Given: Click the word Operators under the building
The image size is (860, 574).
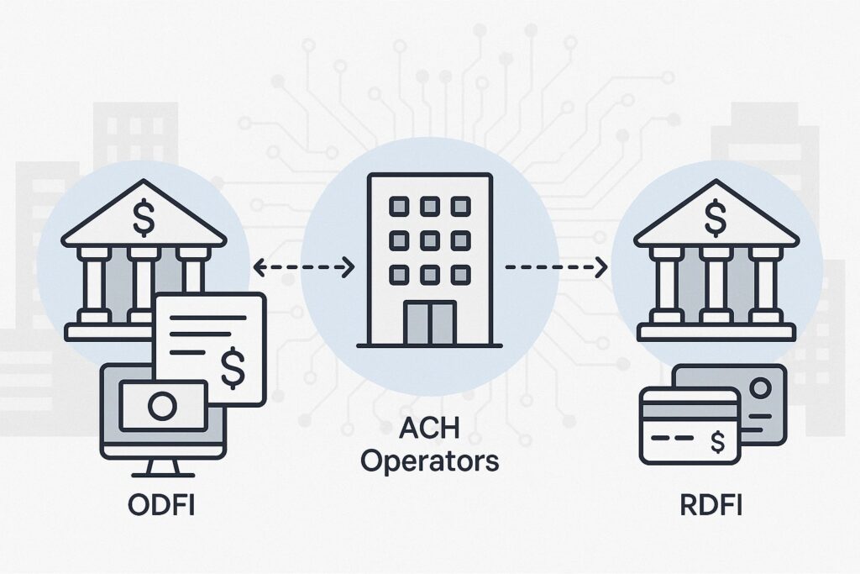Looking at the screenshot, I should tap(430, 461).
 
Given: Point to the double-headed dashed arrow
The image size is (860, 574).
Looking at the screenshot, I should tap(303, 268).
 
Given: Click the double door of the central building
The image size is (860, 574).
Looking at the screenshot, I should tap(429, 323).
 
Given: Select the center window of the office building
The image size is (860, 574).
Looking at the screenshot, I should tap(429, 240).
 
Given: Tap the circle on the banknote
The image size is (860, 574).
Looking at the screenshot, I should tap(160, 406).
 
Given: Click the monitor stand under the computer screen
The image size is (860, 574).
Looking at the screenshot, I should tap(162, 468).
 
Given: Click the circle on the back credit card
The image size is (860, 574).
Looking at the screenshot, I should tap(760, 388).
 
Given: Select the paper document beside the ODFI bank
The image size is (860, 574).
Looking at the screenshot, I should tap(210, 345).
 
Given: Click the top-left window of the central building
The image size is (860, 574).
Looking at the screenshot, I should tap(398, 207).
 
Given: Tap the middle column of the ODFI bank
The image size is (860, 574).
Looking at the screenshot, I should tap(144, 282).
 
